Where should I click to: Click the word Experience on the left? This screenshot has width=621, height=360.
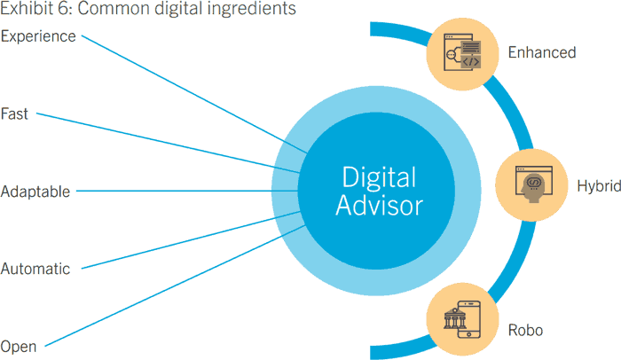pyautogui.click(x=38, y=36)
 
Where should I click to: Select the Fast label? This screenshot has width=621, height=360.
pyautogui.click(x=15, y=113)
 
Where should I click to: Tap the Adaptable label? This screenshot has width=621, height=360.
pyautogui.click(x=35, y=192)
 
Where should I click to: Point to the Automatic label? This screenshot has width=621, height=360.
pyautogui.click(x=35, y=269)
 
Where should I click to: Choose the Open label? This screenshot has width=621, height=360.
pyautogui.click(x=18, y=347)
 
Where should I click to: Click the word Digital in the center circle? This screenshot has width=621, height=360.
pyautogui.click(x=378, y=176)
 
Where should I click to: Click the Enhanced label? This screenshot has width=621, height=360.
pyautogui.click(x=541, y=52)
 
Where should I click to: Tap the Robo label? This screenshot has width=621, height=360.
pyautogui.click(x=526, y=331)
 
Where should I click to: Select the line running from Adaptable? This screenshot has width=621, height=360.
pyautogui.click(x=177, y=191)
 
